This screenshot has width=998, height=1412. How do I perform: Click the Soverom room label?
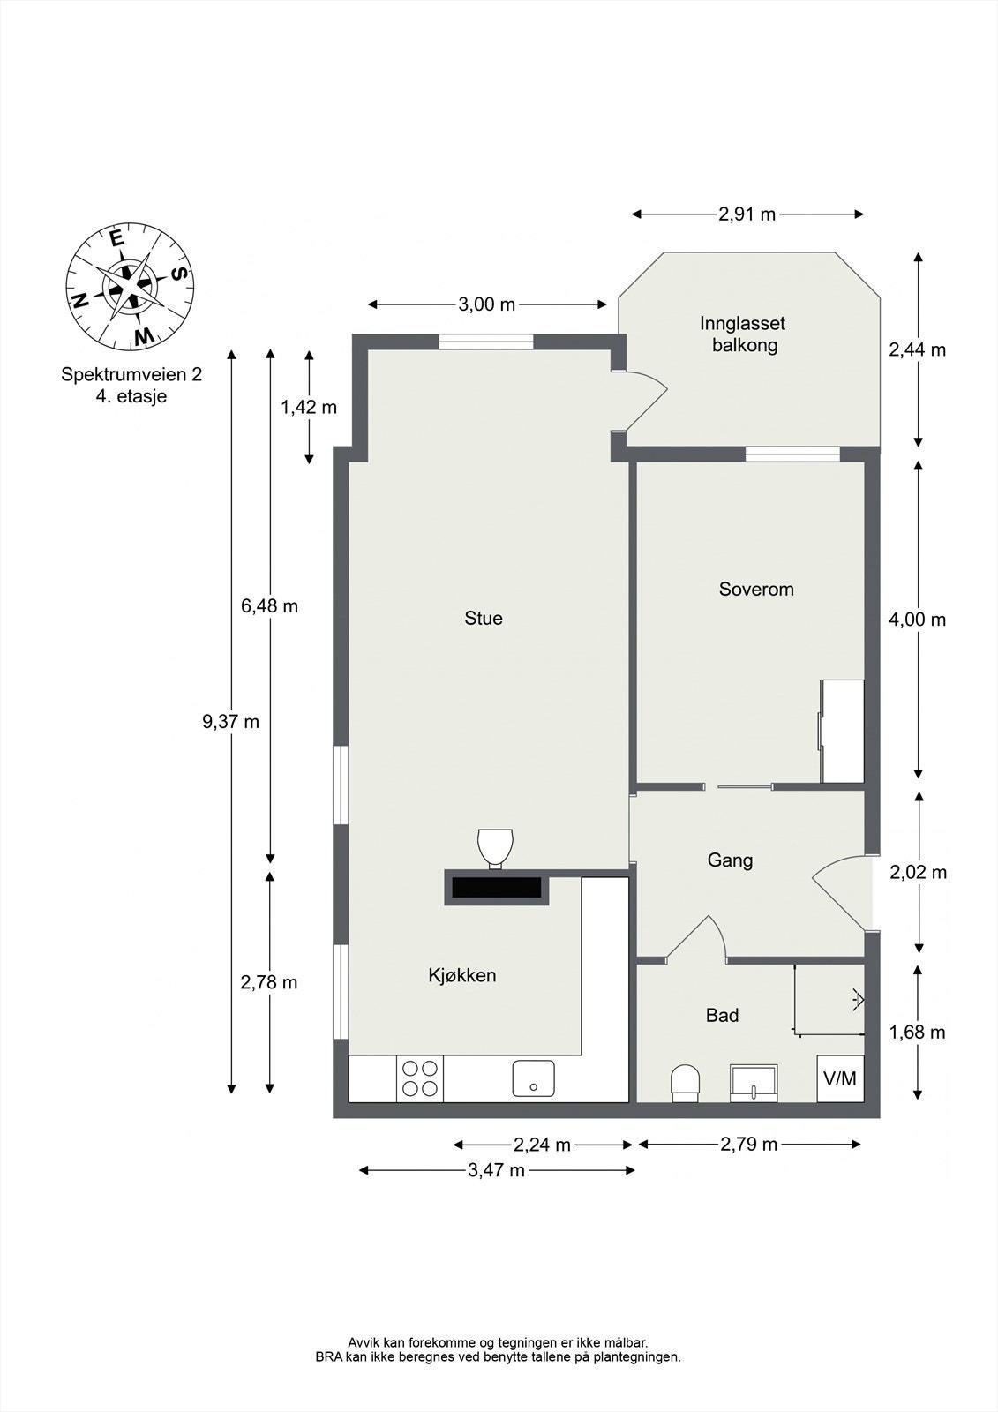click(x=756, y=589)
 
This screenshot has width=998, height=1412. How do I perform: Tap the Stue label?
click(x=484, y=618)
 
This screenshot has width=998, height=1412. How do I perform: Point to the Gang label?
click(x=730, y=860)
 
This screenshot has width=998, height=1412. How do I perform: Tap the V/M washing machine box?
click(x=840, y=1078)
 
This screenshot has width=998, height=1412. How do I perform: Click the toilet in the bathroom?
click(x=686, y=1084)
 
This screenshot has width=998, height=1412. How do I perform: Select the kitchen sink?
click(x=533, y=1078)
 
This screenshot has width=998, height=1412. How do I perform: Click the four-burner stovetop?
click(x=420, y=1078)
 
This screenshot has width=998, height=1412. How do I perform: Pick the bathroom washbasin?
click(x=754, y=1084)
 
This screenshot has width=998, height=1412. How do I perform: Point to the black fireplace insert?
click(x=497, y=887)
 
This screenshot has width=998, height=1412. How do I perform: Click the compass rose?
click(x=130, y=287)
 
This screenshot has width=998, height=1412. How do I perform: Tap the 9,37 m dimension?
click(x=230, y=722)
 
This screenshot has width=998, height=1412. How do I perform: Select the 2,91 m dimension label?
click(x=747, y=214)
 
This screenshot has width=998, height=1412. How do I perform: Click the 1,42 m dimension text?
click(x=309, y=407)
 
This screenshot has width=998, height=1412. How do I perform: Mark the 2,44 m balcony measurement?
click(x=918, y=349)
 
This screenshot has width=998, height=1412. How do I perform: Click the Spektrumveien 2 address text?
click(x=131, y=374)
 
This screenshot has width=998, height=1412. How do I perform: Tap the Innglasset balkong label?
click(x=743, y=334)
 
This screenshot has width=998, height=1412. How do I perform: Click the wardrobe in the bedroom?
click(x=841, y=731)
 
